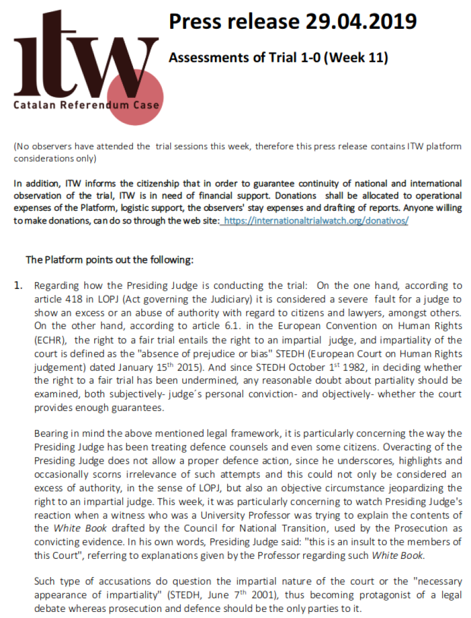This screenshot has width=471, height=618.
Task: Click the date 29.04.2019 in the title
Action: (x=360, y=22)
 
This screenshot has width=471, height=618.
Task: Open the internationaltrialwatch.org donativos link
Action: (x=315, y=220)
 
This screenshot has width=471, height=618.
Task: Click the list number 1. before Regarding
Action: (x=19, y=286)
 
